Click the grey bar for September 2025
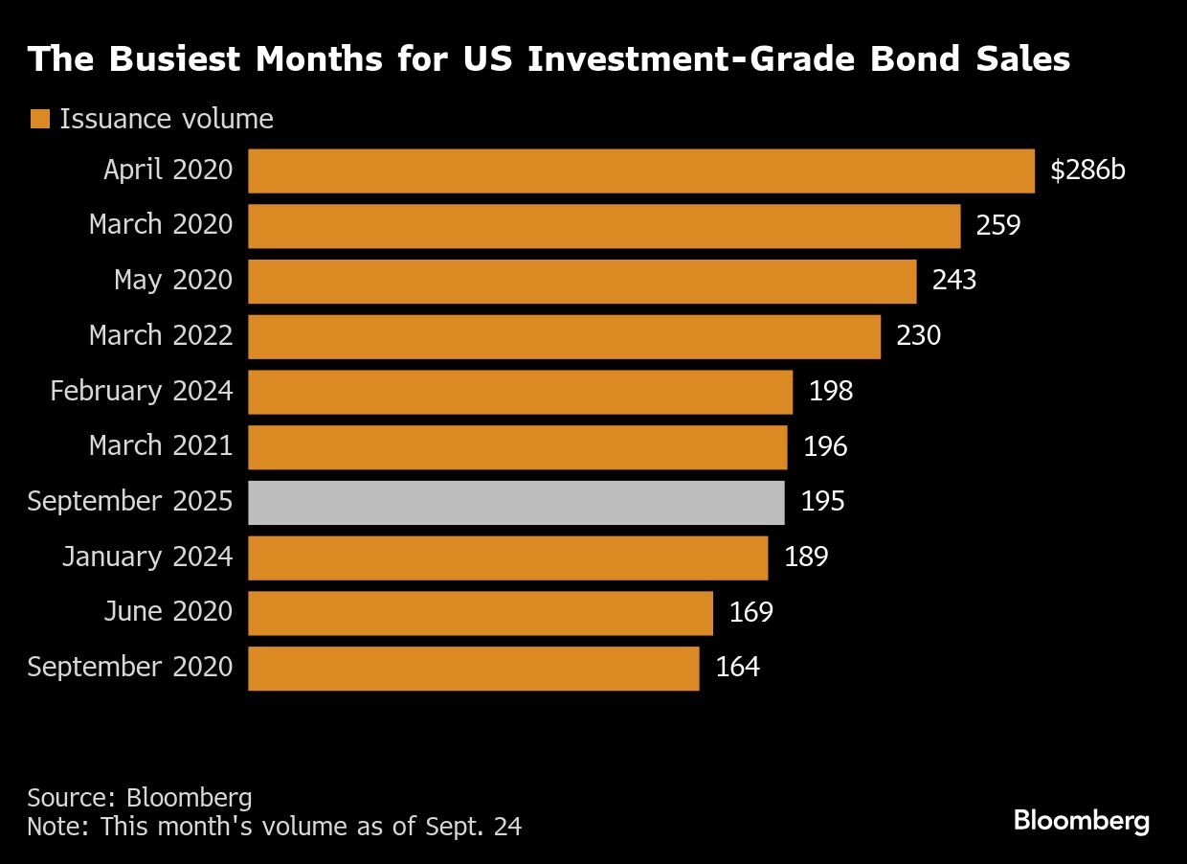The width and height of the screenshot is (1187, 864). [x=516, y=502]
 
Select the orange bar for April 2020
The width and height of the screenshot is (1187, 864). [x=640, y=171]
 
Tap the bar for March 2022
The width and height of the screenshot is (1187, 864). [x=564, y=336]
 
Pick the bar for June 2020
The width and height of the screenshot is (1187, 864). [x=480, y=613]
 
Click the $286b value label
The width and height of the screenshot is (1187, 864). [x=1087, y=171]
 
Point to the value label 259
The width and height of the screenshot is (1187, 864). [x=998, y=226]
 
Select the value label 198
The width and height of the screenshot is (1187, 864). [x=830, y=391]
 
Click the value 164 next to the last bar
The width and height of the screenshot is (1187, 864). [x=737, y=668]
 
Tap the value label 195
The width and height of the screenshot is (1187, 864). [x=822, y=502]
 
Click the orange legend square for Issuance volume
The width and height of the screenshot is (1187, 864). [x=39, y=120]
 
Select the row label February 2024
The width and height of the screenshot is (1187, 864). [x=141, y=391]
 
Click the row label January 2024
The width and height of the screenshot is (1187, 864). [x=146, y=557]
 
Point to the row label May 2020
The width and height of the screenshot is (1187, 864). [x=173, y=281]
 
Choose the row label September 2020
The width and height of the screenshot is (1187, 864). [x=129, y=668]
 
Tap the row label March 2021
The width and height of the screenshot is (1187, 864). [x=160, y=446]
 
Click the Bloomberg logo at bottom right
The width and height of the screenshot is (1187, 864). [x=1081, y=821]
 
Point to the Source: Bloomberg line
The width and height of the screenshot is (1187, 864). [x=140, y=798]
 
